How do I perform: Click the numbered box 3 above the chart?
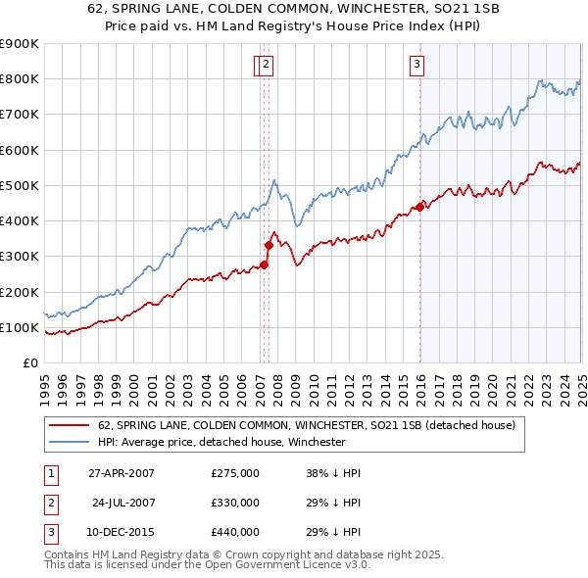pos(416,66)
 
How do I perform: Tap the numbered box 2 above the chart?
pos(267,66)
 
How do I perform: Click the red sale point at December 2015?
pos(419,207)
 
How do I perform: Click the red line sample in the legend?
pos(70,425)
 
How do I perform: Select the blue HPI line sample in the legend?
pos(70,442)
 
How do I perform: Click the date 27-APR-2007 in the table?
pos(122,473)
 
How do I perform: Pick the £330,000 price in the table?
pos(235,503)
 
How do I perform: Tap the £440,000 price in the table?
pos(235,532)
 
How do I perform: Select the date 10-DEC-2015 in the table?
pos(122,532)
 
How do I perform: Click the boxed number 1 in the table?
pos(48,473)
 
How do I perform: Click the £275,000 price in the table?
pos(235,473)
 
